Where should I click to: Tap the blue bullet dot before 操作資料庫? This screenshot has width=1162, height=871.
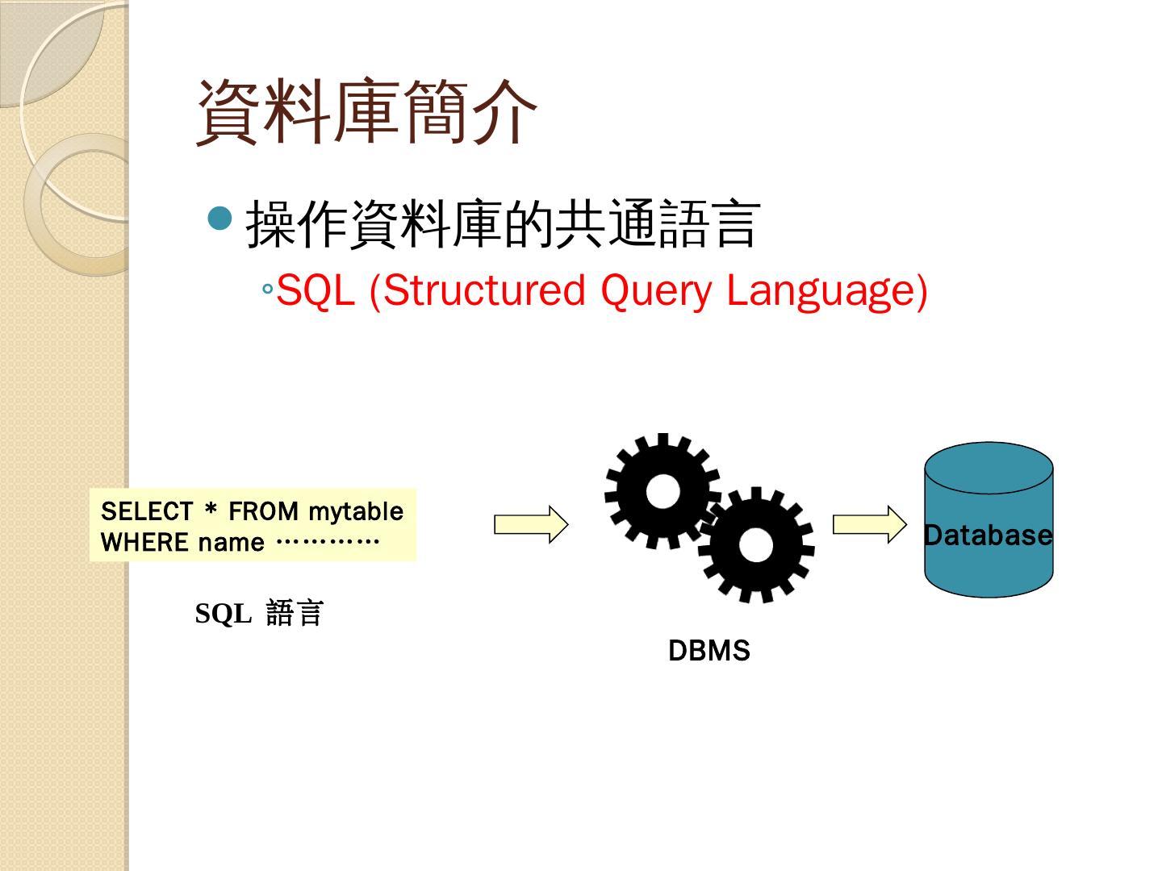[x=219, y=218]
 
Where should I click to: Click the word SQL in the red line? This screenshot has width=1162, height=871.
[x=315, y=290]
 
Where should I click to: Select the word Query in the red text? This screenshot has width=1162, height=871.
[x=656, y=290]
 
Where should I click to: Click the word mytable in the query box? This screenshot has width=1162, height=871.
[x=356, y=511]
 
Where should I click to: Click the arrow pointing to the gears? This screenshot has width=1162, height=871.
[x=531, y=524]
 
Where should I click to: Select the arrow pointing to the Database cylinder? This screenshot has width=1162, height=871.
[x=870, y=524]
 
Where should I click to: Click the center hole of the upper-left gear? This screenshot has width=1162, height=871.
[x=663, y=491]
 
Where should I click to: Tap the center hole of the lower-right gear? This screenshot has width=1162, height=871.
[x=755, y=546]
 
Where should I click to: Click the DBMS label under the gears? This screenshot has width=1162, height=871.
[x=709, y=651]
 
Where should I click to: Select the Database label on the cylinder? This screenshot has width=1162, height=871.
[x=988, y=535]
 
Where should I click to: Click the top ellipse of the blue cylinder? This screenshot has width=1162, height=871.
[x=989, y=467]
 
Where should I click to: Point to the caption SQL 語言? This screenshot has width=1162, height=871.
[x=259, y=614]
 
